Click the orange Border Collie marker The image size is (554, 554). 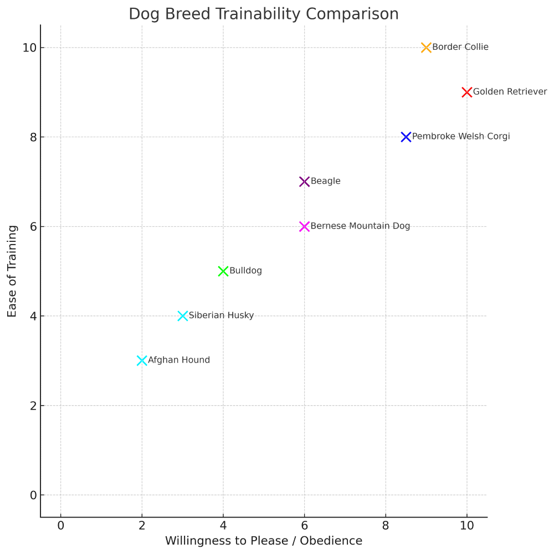click(x=426, y=48)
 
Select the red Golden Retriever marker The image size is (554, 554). click(x=467, y=92)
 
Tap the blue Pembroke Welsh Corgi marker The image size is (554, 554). click(x=406, y=137)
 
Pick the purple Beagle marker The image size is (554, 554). click(x=304, y=182)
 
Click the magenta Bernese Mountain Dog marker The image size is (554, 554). click(x=304, y=226)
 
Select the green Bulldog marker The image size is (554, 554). click(x=223, y=271)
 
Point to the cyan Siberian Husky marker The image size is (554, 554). click(x=183, y=316)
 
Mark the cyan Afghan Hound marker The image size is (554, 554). click(x=142, y=360)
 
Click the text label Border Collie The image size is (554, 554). click(x=460, y=47)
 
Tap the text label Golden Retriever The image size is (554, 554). click(x=510, y=92)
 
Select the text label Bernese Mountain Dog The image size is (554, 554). click(x=360, y=226)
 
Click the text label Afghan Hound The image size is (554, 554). click(x=179, y=360)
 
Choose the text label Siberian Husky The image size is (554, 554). click(x=221, y=315)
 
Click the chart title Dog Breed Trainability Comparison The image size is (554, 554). click(x=264, y=14)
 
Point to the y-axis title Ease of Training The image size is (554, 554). click(x=12, y=271)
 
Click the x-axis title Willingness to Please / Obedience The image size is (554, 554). click(x=264, y=541)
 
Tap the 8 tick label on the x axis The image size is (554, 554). click(x=386, y=525)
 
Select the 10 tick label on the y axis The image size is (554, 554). click(x=30, y=48)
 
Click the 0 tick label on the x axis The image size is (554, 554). click(x=61, y=525)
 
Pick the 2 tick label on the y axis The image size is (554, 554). click(x=33, y=406)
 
